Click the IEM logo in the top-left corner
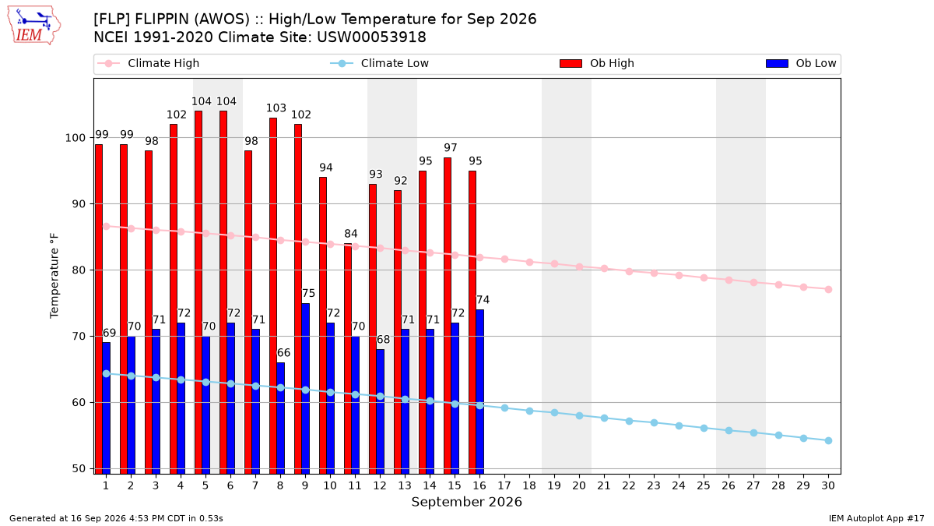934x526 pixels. (33, 26)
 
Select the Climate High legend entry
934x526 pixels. (148, 63)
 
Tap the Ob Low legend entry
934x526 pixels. (801, 63)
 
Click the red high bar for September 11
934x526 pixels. (348, 358)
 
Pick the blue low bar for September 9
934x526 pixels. (306, 388)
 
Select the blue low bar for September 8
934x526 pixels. (281, 418)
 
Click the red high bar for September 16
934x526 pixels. (472, 322)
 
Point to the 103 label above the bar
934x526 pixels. (276, 108)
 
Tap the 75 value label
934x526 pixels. (308, 294)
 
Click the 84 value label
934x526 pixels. (351, 234)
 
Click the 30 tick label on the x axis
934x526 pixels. (828, 486)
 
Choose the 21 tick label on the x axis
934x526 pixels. (604, 486)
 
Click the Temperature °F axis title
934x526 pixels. (54, 276)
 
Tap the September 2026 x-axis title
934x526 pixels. (466, 502)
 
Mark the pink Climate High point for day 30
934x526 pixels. (828, 290)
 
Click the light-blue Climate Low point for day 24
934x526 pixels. (679, 425)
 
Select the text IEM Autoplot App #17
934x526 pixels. (876, 518)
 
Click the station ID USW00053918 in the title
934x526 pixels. (371, 37)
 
